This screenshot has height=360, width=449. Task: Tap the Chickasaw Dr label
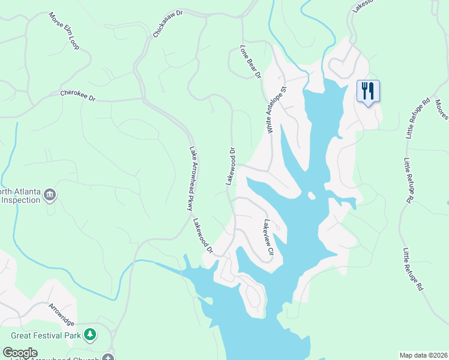(167, 23)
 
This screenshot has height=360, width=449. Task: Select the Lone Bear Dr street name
(250, 62)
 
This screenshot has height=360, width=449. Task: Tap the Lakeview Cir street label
(268, 237)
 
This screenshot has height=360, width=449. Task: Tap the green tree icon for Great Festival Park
(90, 334)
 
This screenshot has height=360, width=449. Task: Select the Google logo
(20, 353)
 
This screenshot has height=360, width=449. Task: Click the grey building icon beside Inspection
(50, 194)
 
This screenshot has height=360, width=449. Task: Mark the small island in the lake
(311, 196)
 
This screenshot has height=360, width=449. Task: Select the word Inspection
(20, 200)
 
